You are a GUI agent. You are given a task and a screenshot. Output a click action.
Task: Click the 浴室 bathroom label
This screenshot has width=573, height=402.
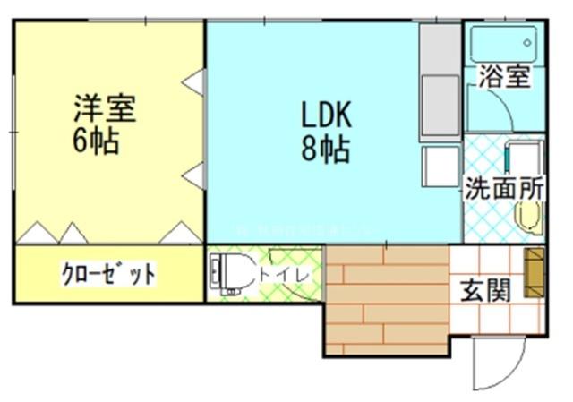tap(503, 76)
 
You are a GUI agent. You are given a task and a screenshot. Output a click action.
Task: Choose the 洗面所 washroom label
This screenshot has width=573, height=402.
tap(503, 189)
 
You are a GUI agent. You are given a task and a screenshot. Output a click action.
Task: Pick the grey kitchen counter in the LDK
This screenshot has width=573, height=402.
tap(439, 81)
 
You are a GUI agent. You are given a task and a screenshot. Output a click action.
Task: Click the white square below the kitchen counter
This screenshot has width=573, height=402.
tap(440, 165)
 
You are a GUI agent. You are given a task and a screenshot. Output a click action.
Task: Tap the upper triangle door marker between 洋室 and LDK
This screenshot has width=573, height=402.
tap(193, 82)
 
